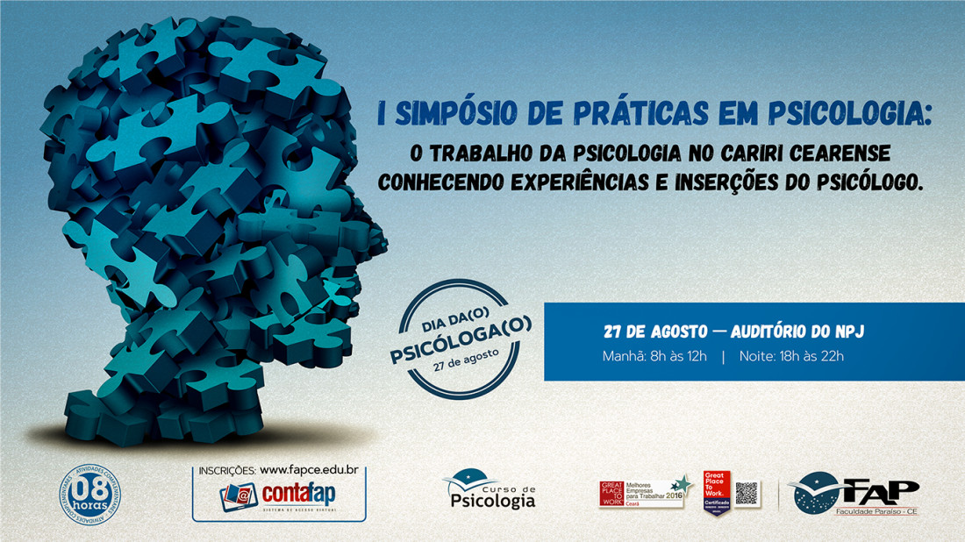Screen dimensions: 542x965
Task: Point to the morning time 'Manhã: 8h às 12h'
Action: tap(654, 356)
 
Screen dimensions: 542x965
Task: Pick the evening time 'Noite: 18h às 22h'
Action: tap(792, 356)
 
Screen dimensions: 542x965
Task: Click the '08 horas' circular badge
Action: tap(89, 494)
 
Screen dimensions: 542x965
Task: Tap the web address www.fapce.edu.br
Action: tap(312, 471)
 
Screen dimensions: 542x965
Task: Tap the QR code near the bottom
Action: tap(747, 493)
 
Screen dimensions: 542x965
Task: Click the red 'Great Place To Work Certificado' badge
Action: tap(718, 493)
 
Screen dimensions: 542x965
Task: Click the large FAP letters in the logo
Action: tap(876, 489)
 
